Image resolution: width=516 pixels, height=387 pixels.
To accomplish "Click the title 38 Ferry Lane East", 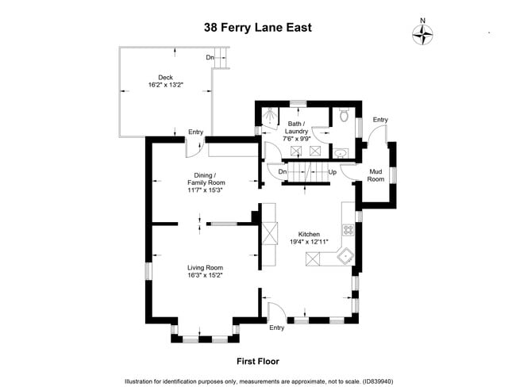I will click(x=258, y=25).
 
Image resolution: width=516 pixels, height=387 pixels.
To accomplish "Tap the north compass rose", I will click(x=424, y=33).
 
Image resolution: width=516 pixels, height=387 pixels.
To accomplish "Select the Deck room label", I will click(x=165, y=78).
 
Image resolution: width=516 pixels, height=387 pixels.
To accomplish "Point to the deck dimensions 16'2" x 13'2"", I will click(x=165, y=85).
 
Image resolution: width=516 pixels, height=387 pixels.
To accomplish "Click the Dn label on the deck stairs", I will click(x=210, y=57).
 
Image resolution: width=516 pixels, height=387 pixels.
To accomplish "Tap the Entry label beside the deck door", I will click(x=195, y=132).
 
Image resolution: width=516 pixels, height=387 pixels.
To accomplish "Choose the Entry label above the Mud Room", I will click(x=379, y=120).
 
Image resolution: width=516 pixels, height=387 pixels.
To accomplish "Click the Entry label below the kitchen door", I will click(x=276, y=327).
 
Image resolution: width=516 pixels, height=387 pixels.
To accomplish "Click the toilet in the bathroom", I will click(x=344, y=116).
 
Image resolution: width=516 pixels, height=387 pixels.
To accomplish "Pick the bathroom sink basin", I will click(x=341, y=152).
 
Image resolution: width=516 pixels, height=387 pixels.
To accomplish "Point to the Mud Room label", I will click(x=375, y=175).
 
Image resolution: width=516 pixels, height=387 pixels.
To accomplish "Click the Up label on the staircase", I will click(x=333, y=171).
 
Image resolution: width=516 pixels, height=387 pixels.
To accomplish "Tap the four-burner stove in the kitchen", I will click(x=347, y=230).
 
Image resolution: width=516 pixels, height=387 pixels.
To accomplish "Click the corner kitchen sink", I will click(x=345, y=256).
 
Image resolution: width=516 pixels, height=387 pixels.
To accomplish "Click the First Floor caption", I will click(x=258, y=361).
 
